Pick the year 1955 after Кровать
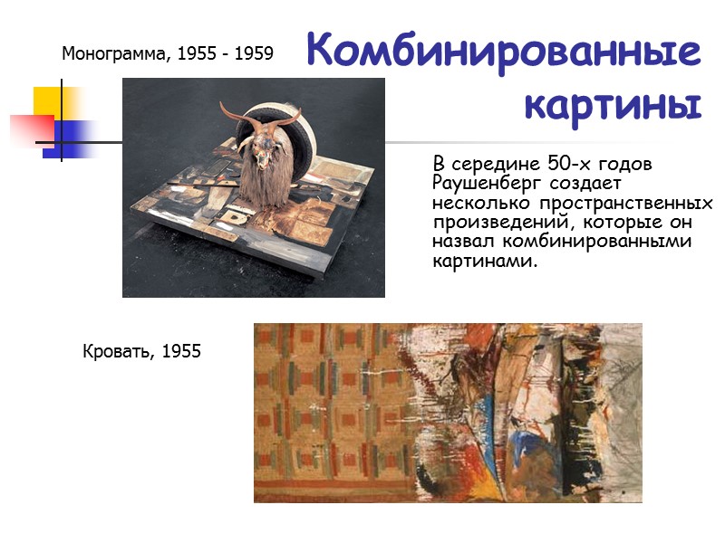pyautogui.click(x=181, y=350)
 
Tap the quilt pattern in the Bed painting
pyautogui.click(x=326, y=407)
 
